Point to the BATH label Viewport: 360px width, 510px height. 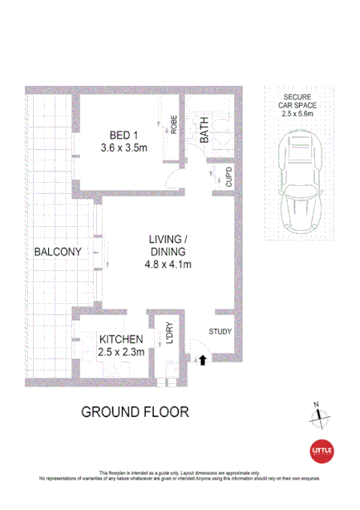click(204, 131)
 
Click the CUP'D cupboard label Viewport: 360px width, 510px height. click(229, 178)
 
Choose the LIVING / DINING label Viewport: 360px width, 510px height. click(168, 239)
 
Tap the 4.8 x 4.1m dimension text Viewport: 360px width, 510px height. click(168, 264)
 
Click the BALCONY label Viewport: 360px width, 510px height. click(58, 252)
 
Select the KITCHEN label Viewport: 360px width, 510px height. click(121, 339)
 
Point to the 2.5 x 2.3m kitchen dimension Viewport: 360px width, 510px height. click(121, 353)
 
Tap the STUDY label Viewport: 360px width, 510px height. click(220, 331)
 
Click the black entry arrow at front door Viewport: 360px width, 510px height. click(202, 361)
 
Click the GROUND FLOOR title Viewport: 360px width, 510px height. click(135, 412)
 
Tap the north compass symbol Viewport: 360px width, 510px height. click(320, 415)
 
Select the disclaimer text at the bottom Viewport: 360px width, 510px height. click(180, 476)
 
